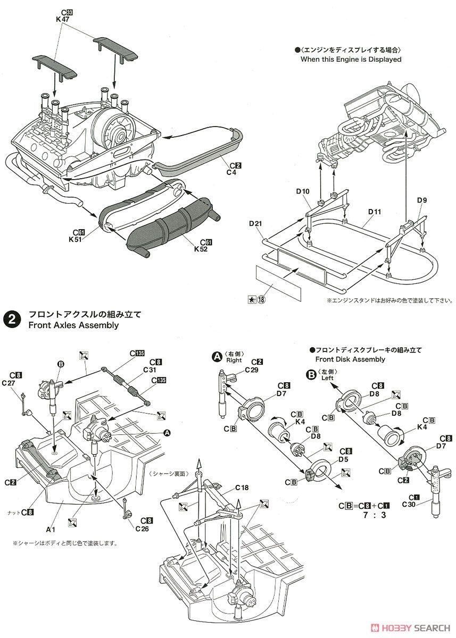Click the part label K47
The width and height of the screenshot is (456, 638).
pos(62,19)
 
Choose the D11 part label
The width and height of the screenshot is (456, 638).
pos(375,212)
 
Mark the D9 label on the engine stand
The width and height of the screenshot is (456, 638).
pos(422,200)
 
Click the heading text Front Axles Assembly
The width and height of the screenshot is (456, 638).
pos(73,325)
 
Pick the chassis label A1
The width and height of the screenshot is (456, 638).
pos(51,529)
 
